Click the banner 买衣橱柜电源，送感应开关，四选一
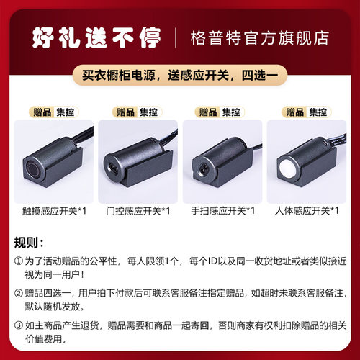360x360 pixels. (180, 75)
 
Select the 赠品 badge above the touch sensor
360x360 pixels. (42, 112)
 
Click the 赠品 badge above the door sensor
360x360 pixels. (125, 112)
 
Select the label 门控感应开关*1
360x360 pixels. (138, 211)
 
